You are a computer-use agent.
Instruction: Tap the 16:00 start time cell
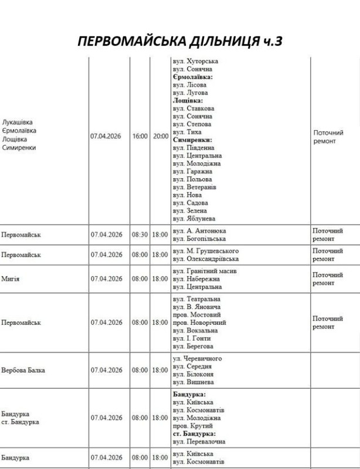click(140, 136)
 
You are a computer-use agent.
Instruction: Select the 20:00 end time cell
click(160, 136)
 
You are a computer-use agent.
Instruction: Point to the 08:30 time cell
click(140, 235)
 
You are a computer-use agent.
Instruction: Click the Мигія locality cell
click(11, 279)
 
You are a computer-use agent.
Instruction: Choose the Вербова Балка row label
click(23, 371)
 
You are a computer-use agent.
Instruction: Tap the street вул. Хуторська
click(195, 61)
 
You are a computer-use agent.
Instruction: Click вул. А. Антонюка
click(199, 231)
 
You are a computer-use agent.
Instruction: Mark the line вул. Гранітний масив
click(205, 271)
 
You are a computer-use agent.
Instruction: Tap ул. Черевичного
click(197, 359)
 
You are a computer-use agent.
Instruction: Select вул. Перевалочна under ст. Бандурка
click(199, 441)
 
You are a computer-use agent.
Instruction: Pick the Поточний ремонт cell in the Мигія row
click(328, 278)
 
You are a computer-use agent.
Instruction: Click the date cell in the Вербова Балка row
click(106, 371)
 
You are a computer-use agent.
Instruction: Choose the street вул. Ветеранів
click(194, 187)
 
